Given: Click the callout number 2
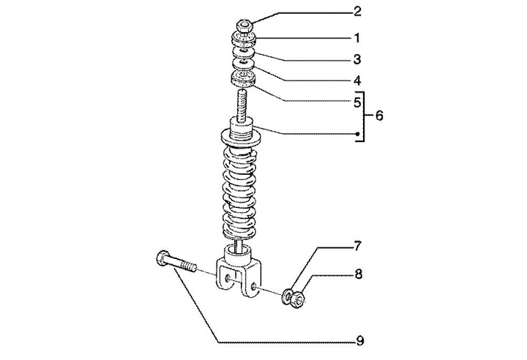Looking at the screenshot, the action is click(x=356, y=11).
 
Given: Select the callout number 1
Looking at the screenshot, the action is click(x=356, y=37).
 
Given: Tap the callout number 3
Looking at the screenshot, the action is click(x=356, y=59).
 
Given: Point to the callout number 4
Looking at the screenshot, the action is click(x=356, y=80).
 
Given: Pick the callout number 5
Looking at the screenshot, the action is click(x=356, y=103).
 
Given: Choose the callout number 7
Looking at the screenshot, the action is click(x=357, y=247).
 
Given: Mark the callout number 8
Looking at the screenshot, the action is click(x=357, y=274).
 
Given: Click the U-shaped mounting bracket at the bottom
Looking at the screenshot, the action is click(x=239, y=274).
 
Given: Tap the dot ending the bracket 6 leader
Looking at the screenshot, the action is click(x=356, y=134).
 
